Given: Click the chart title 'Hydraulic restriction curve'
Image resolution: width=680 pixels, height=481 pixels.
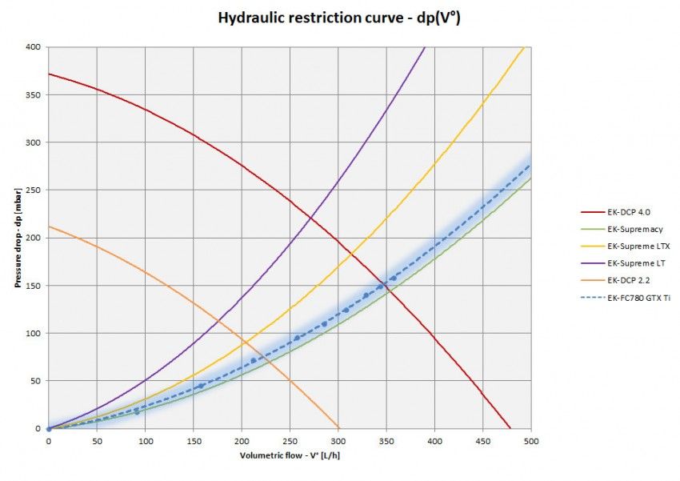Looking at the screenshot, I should click(x=339, y=17).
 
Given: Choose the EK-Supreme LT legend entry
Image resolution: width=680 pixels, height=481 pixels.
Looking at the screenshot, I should click(x=637, y=263).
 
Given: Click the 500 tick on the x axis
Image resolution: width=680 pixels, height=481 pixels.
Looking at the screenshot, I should click(x=530, y=441).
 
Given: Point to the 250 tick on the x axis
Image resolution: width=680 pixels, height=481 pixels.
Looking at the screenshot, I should click(x=289, y=441).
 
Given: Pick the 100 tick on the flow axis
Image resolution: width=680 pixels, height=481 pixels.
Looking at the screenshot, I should click(x=145, y=441).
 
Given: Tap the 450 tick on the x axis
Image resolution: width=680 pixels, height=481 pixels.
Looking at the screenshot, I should click(x=482, y=441).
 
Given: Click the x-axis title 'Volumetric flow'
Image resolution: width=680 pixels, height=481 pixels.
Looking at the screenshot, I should click(x=289, y=456).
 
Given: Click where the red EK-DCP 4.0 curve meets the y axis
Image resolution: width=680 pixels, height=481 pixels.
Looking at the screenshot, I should click(x=49, y=74).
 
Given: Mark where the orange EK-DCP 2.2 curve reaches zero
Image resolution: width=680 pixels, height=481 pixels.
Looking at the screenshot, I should click(x=338, y=428).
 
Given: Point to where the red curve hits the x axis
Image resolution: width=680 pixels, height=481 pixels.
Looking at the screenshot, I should click(x=510, y=428).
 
